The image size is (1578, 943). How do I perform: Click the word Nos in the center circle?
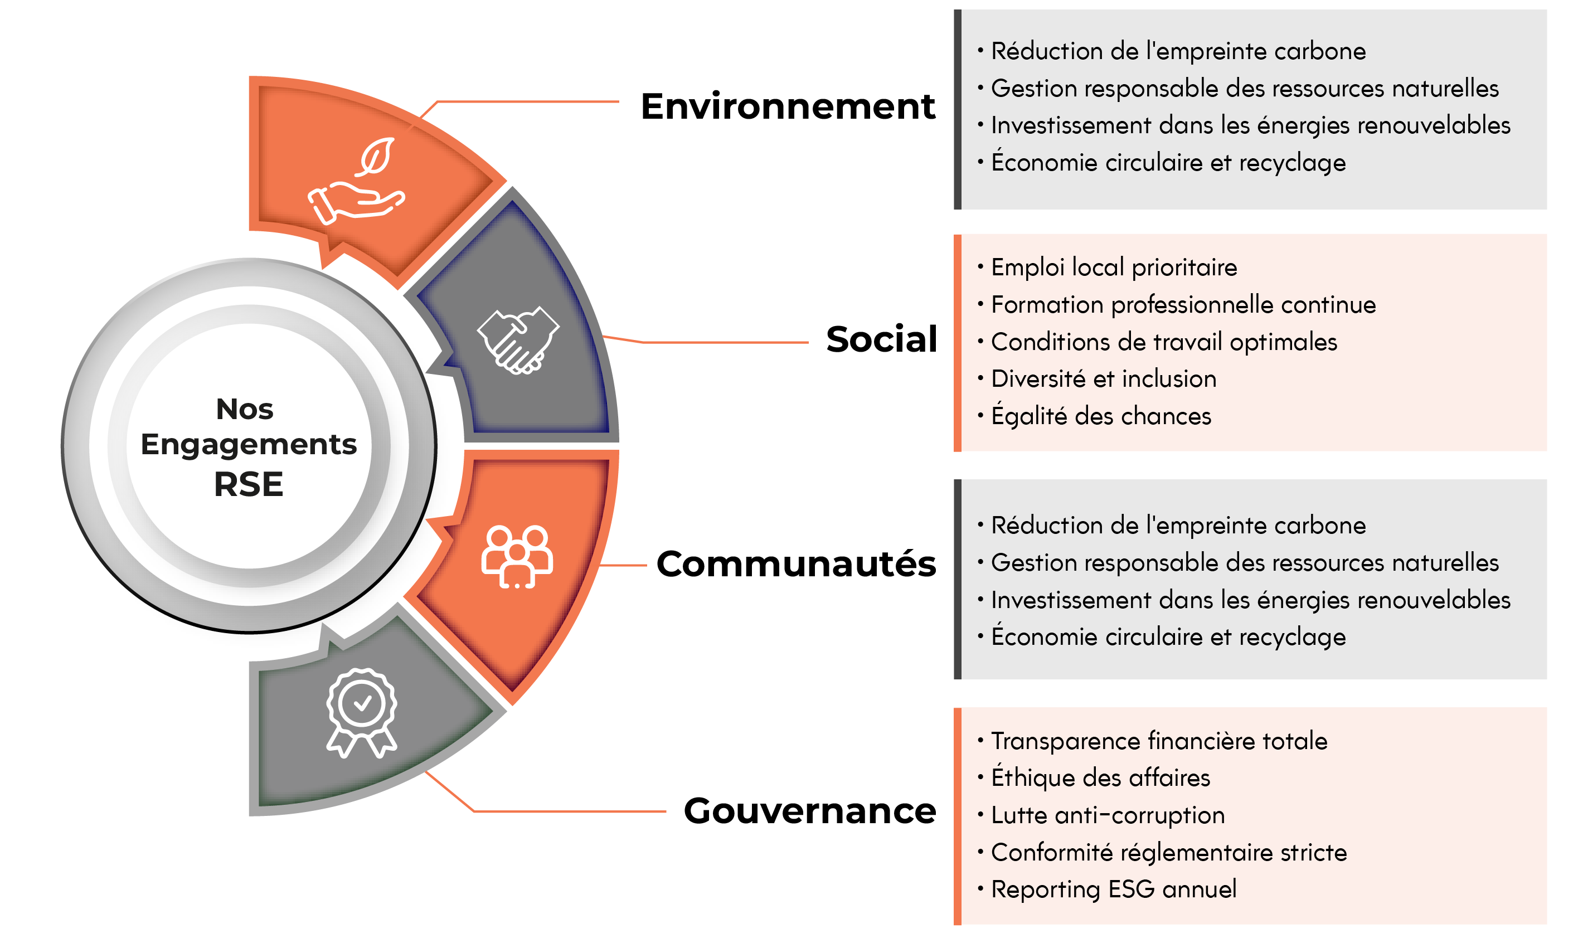pos(245,409)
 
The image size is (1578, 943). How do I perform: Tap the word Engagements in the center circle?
pos(249,445)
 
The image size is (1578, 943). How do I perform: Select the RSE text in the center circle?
pos(249,484)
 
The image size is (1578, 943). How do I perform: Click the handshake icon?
pos(518,340)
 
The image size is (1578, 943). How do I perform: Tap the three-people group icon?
pos(517,557)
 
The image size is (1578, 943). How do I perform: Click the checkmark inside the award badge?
pos(362,703)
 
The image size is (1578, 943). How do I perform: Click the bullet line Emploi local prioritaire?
pos(1114,268)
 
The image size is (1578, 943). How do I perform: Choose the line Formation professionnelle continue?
pos(1183,305)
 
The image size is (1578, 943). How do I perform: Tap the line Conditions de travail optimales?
pos(1164,342)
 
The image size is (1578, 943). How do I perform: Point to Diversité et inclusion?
pos(1103,379)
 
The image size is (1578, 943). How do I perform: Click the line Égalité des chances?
pos(1101,416)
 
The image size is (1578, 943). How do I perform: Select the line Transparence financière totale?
pos(1158,741)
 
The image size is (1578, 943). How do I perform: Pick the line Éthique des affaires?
pos(1100,778)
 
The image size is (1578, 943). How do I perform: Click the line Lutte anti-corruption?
pos(1107,815)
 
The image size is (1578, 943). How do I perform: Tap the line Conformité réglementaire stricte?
pos(1168,852)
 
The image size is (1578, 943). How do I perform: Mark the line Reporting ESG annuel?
pos(1114,889)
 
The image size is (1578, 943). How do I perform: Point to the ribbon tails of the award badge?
pos(362,742)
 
